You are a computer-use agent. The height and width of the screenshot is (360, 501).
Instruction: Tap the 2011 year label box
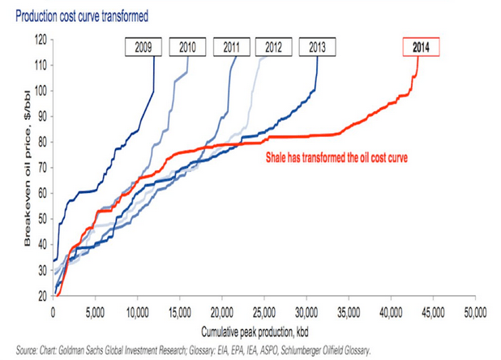click(231, 46)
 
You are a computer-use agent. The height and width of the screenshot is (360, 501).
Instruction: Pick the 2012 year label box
click(273, 46)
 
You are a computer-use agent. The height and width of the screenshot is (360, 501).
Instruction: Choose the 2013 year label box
click(317, 46)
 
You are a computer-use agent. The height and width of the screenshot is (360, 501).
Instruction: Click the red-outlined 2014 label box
click(422, 46)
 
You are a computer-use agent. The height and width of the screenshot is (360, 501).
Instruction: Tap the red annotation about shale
click(336, 157)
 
